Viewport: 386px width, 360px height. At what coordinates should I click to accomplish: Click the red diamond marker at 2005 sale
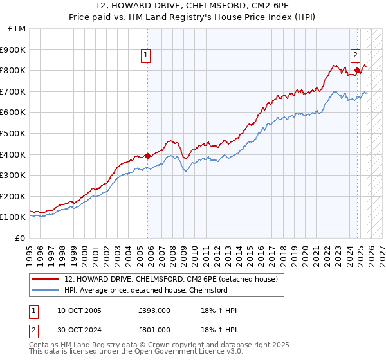147,155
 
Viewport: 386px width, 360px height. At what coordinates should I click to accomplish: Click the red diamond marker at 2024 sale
357,70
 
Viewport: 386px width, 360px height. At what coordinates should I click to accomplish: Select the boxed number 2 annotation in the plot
355,55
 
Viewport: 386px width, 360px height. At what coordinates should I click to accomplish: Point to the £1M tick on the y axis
17,29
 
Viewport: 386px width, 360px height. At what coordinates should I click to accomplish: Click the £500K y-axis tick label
14,134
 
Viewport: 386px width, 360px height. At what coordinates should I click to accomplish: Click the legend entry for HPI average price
145,290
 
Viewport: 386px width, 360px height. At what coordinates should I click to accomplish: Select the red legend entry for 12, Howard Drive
170,279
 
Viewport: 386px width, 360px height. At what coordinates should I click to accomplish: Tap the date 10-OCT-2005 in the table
79,310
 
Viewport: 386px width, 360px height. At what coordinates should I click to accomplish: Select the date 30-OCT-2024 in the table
79,330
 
